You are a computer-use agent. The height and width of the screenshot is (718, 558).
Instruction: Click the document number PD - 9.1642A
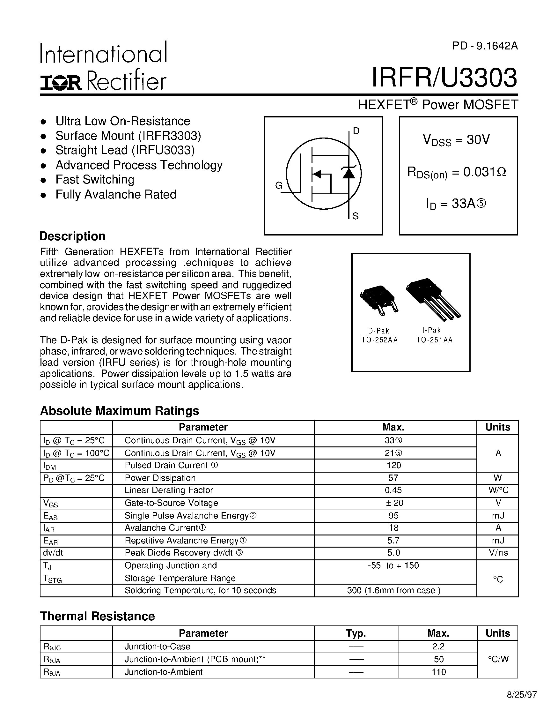tap(484, 46)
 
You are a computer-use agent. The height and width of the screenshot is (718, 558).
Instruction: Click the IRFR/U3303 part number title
tap(444, 78)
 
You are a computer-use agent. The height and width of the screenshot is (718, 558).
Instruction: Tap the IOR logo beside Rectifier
tap(61, 84)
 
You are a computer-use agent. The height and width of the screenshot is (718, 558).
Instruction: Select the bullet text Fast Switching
tap(95, 179)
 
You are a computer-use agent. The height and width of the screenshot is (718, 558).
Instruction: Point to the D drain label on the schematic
tap(356, 131)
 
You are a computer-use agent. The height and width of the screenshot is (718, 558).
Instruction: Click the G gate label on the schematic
tap(278, 186)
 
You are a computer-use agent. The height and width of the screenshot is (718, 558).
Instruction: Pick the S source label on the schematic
tap(355, 216)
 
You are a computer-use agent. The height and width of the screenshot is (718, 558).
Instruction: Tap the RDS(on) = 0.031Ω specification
tap(457, 172)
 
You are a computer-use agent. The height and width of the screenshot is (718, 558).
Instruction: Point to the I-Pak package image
tap(432, 298)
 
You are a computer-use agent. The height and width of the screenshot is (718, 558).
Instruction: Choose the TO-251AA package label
tap(434, 340)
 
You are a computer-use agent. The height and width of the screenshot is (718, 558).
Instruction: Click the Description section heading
tap(72, 236)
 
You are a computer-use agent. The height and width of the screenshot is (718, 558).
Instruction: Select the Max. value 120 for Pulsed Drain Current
tap(394, 465)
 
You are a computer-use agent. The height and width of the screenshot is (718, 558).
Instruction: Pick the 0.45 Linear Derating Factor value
tap(393, 490)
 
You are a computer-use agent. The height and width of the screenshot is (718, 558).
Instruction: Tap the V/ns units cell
tap(498, 553)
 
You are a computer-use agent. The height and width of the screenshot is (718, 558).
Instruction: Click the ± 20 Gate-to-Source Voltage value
tap(393, 503)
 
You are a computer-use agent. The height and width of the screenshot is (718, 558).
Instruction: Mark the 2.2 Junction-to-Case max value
tap(438, 646)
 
